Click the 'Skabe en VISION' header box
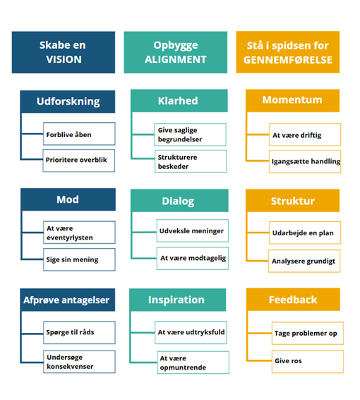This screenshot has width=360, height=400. (x=64, y=52)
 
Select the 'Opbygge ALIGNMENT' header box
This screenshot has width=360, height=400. (x=176, y=52)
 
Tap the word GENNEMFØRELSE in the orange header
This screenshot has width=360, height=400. (x=288, y=60)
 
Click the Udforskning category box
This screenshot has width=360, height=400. (x=68, y=102)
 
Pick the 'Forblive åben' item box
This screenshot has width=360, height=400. (x=79, y=134)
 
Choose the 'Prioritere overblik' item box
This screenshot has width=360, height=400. (x=79, y=160)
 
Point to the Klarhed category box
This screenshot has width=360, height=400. (x=179, y=101)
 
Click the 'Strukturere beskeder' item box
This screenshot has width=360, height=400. (x=191, y=161)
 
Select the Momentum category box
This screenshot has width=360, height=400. (x=292, y=100)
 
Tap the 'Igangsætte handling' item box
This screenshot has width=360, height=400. (x=305, y=161)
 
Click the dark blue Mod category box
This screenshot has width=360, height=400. (x=68, y=199)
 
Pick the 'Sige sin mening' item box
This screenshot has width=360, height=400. (x=79, y=259)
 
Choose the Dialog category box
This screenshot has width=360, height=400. (x=179, y=201)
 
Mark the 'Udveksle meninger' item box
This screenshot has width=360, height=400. (x=193, y=230)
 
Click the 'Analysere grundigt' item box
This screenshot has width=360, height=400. (x=304, y=261)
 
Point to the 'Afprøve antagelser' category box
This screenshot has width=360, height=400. (x=68, y=300)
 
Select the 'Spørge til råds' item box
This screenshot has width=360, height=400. (x=79, y=333)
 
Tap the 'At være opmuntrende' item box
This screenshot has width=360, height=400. (x=193, y=363)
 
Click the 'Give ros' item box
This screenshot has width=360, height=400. (x=308, y=362)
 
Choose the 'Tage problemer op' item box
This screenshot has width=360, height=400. (x=308, y=333)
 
